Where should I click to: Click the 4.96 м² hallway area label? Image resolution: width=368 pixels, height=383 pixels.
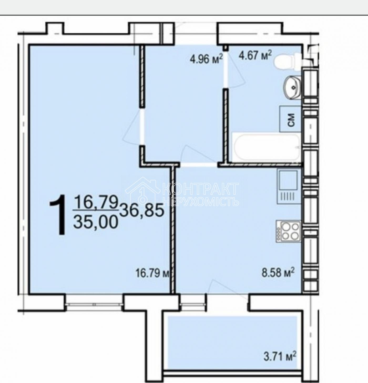[x=206, y=59]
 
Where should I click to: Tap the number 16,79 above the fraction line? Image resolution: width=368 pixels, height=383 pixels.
[x=95, y=201]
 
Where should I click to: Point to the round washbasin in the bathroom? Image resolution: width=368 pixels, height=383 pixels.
[x=292, y=87]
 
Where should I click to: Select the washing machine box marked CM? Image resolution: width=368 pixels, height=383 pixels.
[x=290, y=119]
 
